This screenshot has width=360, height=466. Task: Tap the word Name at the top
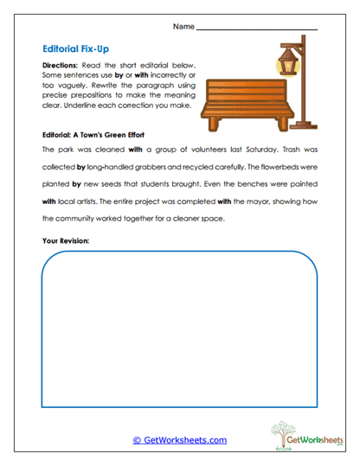pos(183,27)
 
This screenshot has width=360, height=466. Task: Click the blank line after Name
pos(257,29)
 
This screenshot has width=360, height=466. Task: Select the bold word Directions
pos(62,66)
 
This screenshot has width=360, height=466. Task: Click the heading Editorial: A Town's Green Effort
pos(93,136)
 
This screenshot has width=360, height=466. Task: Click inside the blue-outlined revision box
pos(179,329)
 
